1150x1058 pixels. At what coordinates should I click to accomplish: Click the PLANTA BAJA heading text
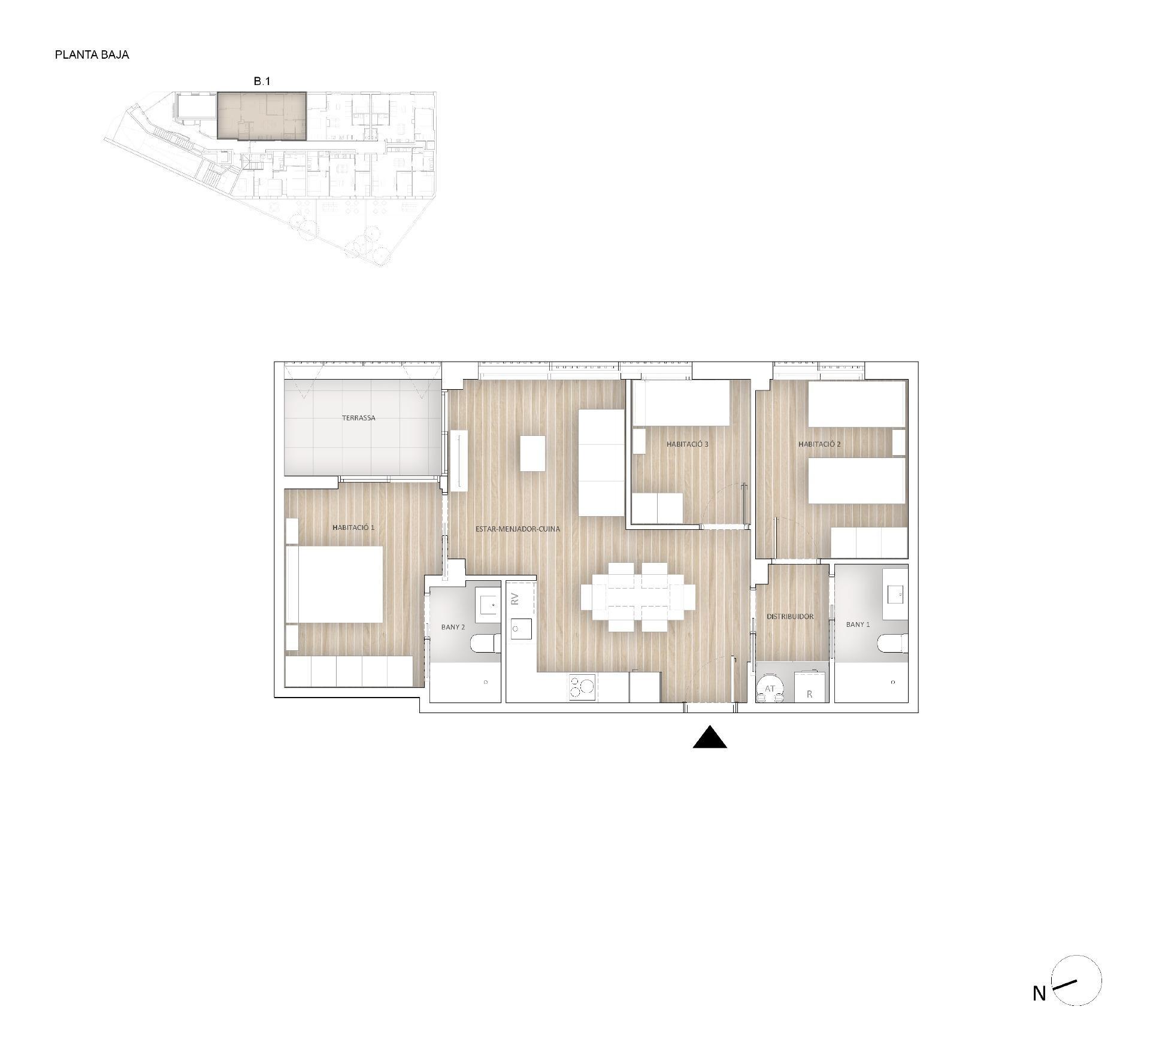click(92, 54)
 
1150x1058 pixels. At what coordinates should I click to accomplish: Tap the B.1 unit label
click(262, 81)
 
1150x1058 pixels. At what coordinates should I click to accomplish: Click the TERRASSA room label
click(359, 418)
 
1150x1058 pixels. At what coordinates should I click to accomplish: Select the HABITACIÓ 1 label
click(353, 528)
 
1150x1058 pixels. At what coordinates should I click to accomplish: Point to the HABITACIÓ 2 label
click(819, 444)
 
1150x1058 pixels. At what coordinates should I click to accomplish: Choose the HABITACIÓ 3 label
click(687, 444)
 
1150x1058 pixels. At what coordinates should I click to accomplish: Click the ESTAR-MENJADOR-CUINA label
click(517, 529)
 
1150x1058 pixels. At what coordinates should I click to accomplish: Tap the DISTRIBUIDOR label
click(790, 616)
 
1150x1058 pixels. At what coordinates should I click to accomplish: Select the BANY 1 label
click(858, 624)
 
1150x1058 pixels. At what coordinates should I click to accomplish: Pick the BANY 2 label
click(453, 627)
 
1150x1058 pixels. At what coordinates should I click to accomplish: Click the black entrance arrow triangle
click(710, 738)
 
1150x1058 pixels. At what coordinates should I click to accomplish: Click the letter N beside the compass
click(1039, 994)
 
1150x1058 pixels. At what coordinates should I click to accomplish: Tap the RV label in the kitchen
click(515, 598)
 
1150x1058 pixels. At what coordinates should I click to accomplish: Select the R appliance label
click(809, 695)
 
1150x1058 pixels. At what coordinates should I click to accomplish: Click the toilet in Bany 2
click(485, 644)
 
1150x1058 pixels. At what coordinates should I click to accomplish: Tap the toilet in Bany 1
click(892, 644)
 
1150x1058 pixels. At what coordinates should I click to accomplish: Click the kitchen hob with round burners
click(582, 687)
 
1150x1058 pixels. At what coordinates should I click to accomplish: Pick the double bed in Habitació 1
click(335, 584)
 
